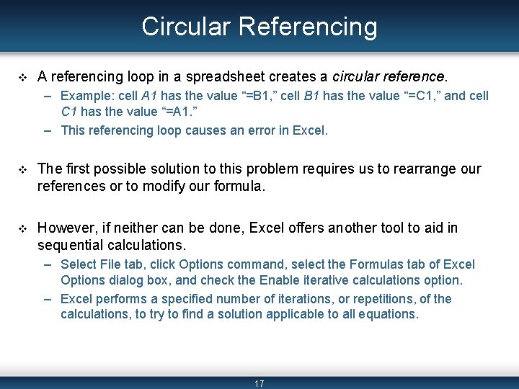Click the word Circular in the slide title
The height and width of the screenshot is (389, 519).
(187, 27)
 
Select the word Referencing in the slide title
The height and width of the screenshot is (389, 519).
(308, 27)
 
